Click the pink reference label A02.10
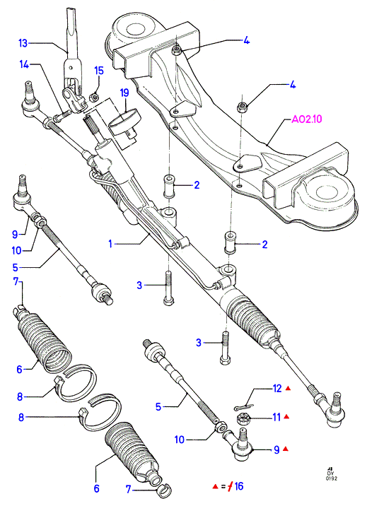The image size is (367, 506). (307, 119)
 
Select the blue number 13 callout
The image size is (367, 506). (23, 43)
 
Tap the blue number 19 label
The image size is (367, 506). (124, 93)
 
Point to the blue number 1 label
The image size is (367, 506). (110, 244)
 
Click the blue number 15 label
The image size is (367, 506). (99, 71)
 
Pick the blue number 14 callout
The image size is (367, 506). (24, 64)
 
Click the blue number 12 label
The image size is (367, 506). (277, 389)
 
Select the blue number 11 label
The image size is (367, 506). (276, 417)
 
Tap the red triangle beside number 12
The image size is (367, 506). (288, 389)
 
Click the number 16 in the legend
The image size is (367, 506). (239, 486)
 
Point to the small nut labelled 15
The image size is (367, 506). (93, 96)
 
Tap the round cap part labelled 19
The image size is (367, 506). (124, 123)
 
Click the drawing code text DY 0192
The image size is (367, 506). (331, 475)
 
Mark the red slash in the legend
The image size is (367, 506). (231, 486)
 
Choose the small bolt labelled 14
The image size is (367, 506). (61, 115)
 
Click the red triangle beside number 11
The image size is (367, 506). (286, 417)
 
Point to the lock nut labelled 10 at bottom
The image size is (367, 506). (219, 428)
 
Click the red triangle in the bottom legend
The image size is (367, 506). (215, 486)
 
